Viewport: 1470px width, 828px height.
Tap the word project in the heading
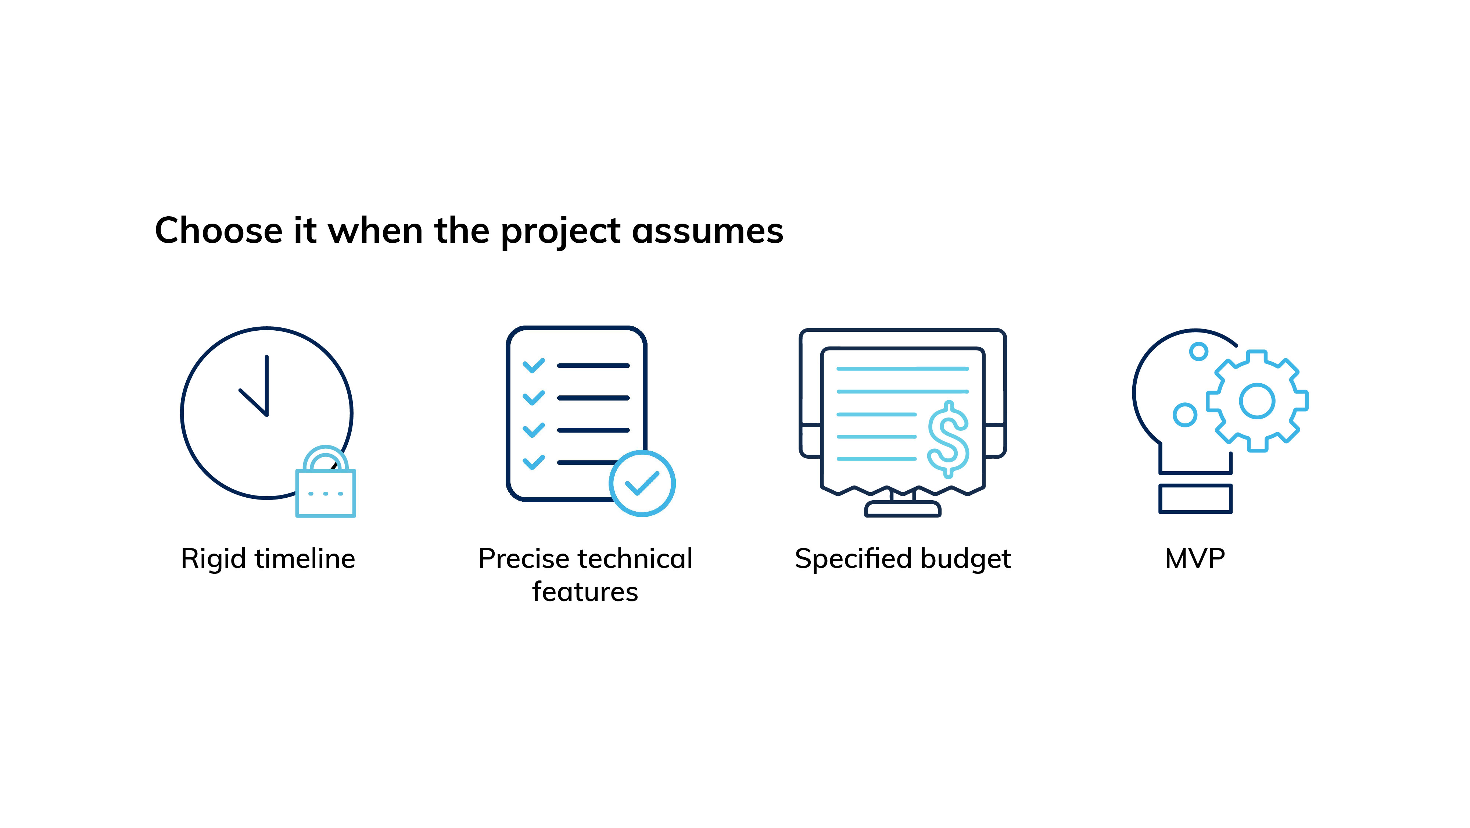pos(561,233)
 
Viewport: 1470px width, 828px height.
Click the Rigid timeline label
pos(268,559)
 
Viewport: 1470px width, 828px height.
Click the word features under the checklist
pos(585,591)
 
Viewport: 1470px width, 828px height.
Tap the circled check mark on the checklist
pos(642,484)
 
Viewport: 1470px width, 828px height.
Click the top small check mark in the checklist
pos(534,366)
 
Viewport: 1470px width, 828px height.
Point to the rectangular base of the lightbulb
pos(1195,498)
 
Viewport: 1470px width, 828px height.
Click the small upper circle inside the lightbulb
pos(1198,351)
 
